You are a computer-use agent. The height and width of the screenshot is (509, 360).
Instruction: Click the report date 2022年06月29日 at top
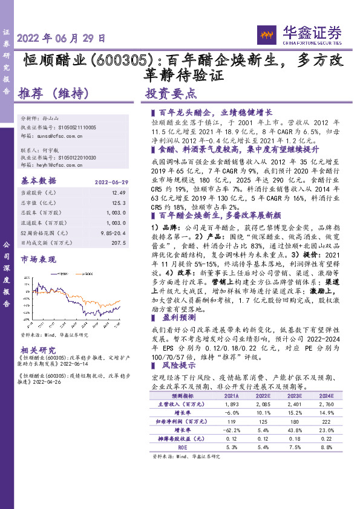tap(61, 37)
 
